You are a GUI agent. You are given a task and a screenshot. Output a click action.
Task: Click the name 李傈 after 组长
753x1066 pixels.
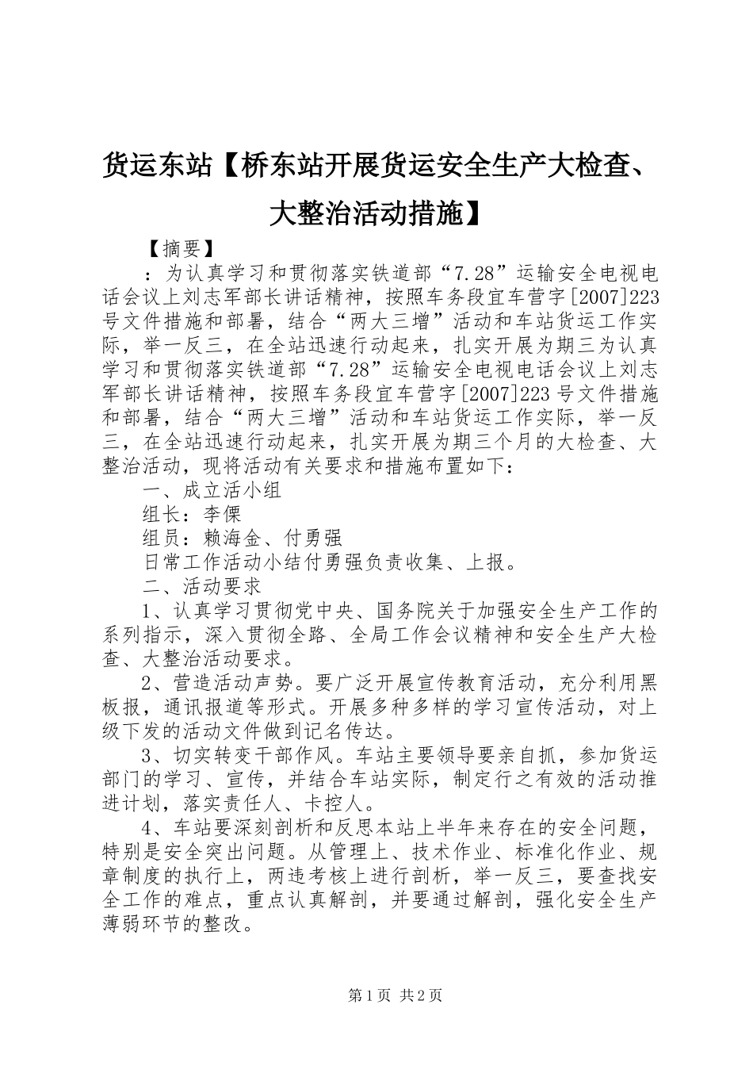click(x=221, y=514)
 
